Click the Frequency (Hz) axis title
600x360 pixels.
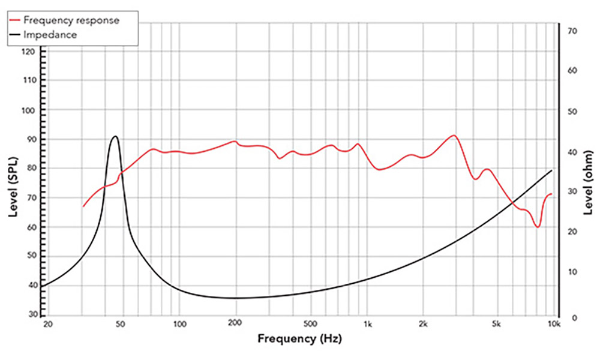point(300,339)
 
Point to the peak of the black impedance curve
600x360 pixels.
point(115,136)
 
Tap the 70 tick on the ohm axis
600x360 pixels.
point(572,30)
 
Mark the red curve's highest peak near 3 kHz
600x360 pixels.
point(454,136)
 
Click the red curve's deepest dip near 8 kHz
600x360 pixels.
point(538,227)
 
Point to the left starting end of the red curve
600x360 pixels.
point(83,207)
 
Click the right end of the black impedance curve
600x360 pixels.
point(552,170)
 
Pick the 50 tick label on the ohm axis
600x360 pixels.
point(571,112)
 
